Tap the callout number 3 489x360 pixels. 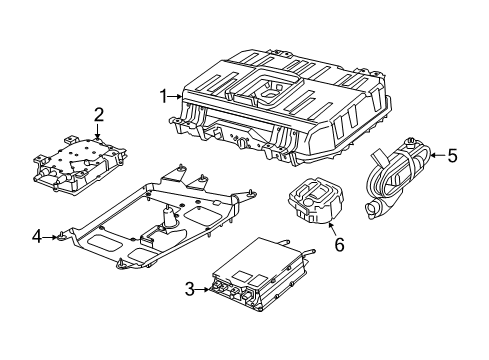[x=190, y=289]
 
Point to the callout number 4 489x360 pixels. [x=37, y=237]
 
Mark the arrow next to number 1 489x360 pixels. [x=178, y=96]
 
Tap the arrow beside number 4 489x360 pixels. [x=52, y=237]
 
